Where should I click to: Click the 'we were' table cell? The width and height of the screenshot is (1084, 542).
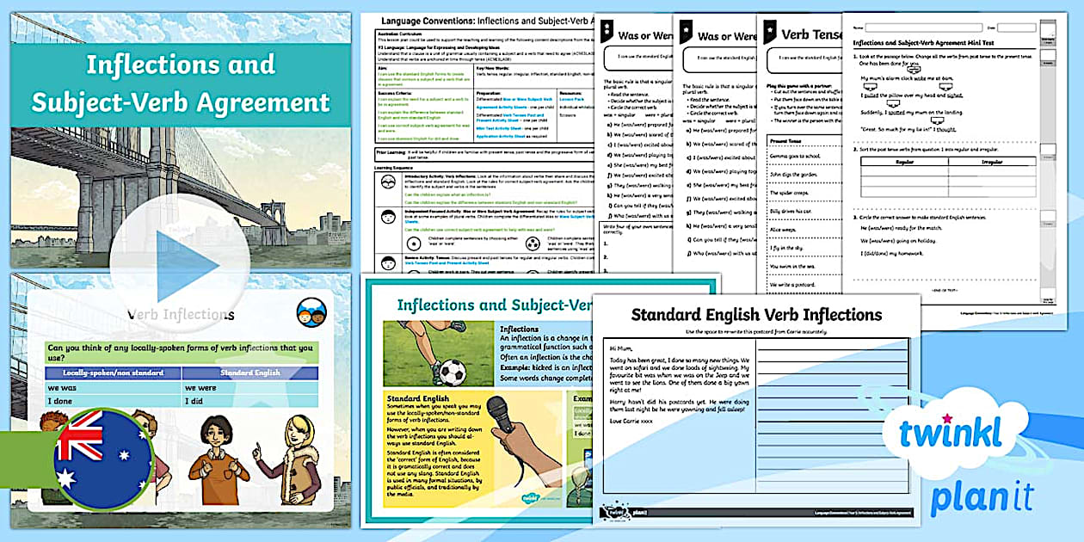click(249, 386)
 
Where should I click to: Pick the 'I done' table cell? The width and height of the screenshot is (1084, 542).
click(112, 401)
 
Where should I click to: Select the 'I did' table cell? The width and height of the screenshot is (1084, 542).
click(249, 401)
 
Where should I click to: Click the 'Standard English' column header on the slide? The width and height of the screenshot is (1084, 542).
click(249, 373)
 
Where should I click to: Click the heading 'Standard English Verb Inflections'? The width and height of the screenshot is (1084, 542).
click(756, 314)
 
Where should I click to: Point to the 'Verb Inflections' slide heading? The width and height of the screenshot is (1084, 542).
click(180, 314)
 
